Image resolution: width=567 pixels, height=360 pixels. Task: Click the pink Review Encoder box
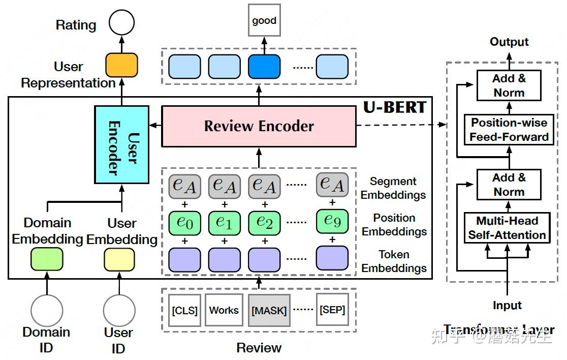pos(259,126)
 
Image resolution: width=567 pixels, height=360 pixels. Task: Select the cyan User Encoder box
pos(121,145)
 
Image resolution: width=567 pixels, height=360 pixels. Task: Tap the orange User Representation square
pos(121,65)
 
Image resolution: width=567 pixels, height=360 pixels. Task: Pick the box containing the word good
pos(264,21)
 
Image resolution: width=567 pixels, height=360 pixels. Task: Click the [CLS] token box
pos(184,310)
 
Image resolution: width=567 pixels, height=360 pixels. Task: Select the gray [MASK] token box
pos(269,310)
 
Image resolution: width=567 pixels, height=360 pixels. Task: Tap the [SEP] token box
pos(333,309)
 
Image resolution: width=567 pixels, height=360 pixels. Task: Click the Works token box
pos(224,310)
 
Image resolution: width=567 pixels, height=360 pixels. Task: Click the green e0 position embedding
pos(184,222)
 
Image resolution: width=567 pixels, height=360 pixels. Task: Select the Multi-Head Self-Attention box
pos(507,228)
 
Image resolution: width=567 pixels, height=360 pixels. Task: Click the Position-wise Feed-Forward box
pos(509,130)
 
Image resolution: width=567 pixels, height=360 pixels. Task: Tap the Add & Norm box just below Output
pos(509,85)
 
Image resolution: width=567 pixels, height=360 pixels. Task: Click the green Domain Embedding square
pos(47,259)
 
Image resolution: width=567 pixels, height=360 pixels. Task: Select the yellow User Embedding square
pos(119,259)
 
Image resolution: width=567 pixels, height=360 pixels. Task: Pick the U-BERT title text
pos(394,107)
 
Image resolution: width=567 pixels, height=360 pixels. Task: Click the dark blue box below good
pos(264,67)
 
